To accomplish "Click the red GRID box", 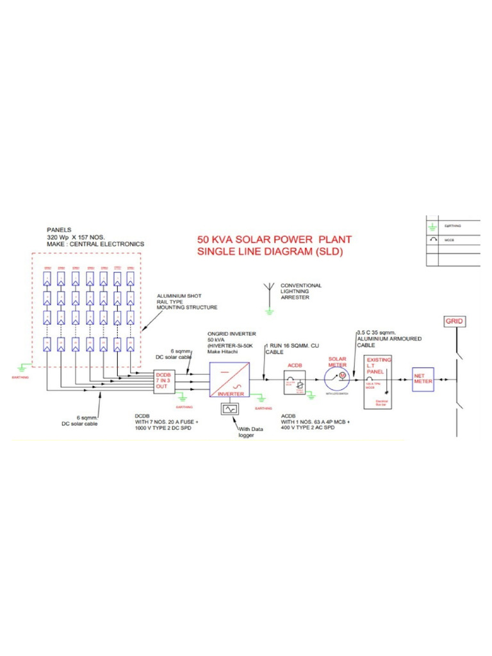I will click(454, 321).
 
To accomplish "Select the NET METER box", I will click(422, 379).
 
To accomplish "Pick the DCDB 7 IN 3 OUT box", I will click(165, 382).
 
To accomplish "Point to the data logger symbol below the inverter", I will click(229, 409).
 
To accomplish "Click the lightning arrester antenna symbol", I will click(270, 297).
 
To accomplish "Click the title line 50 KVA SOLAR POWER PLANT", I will click(274, 240).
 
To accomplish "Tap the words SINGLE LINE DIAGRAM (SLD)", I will click(270, 252).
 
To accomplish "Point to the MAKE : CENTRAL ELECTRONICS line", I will click(95, 244).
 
